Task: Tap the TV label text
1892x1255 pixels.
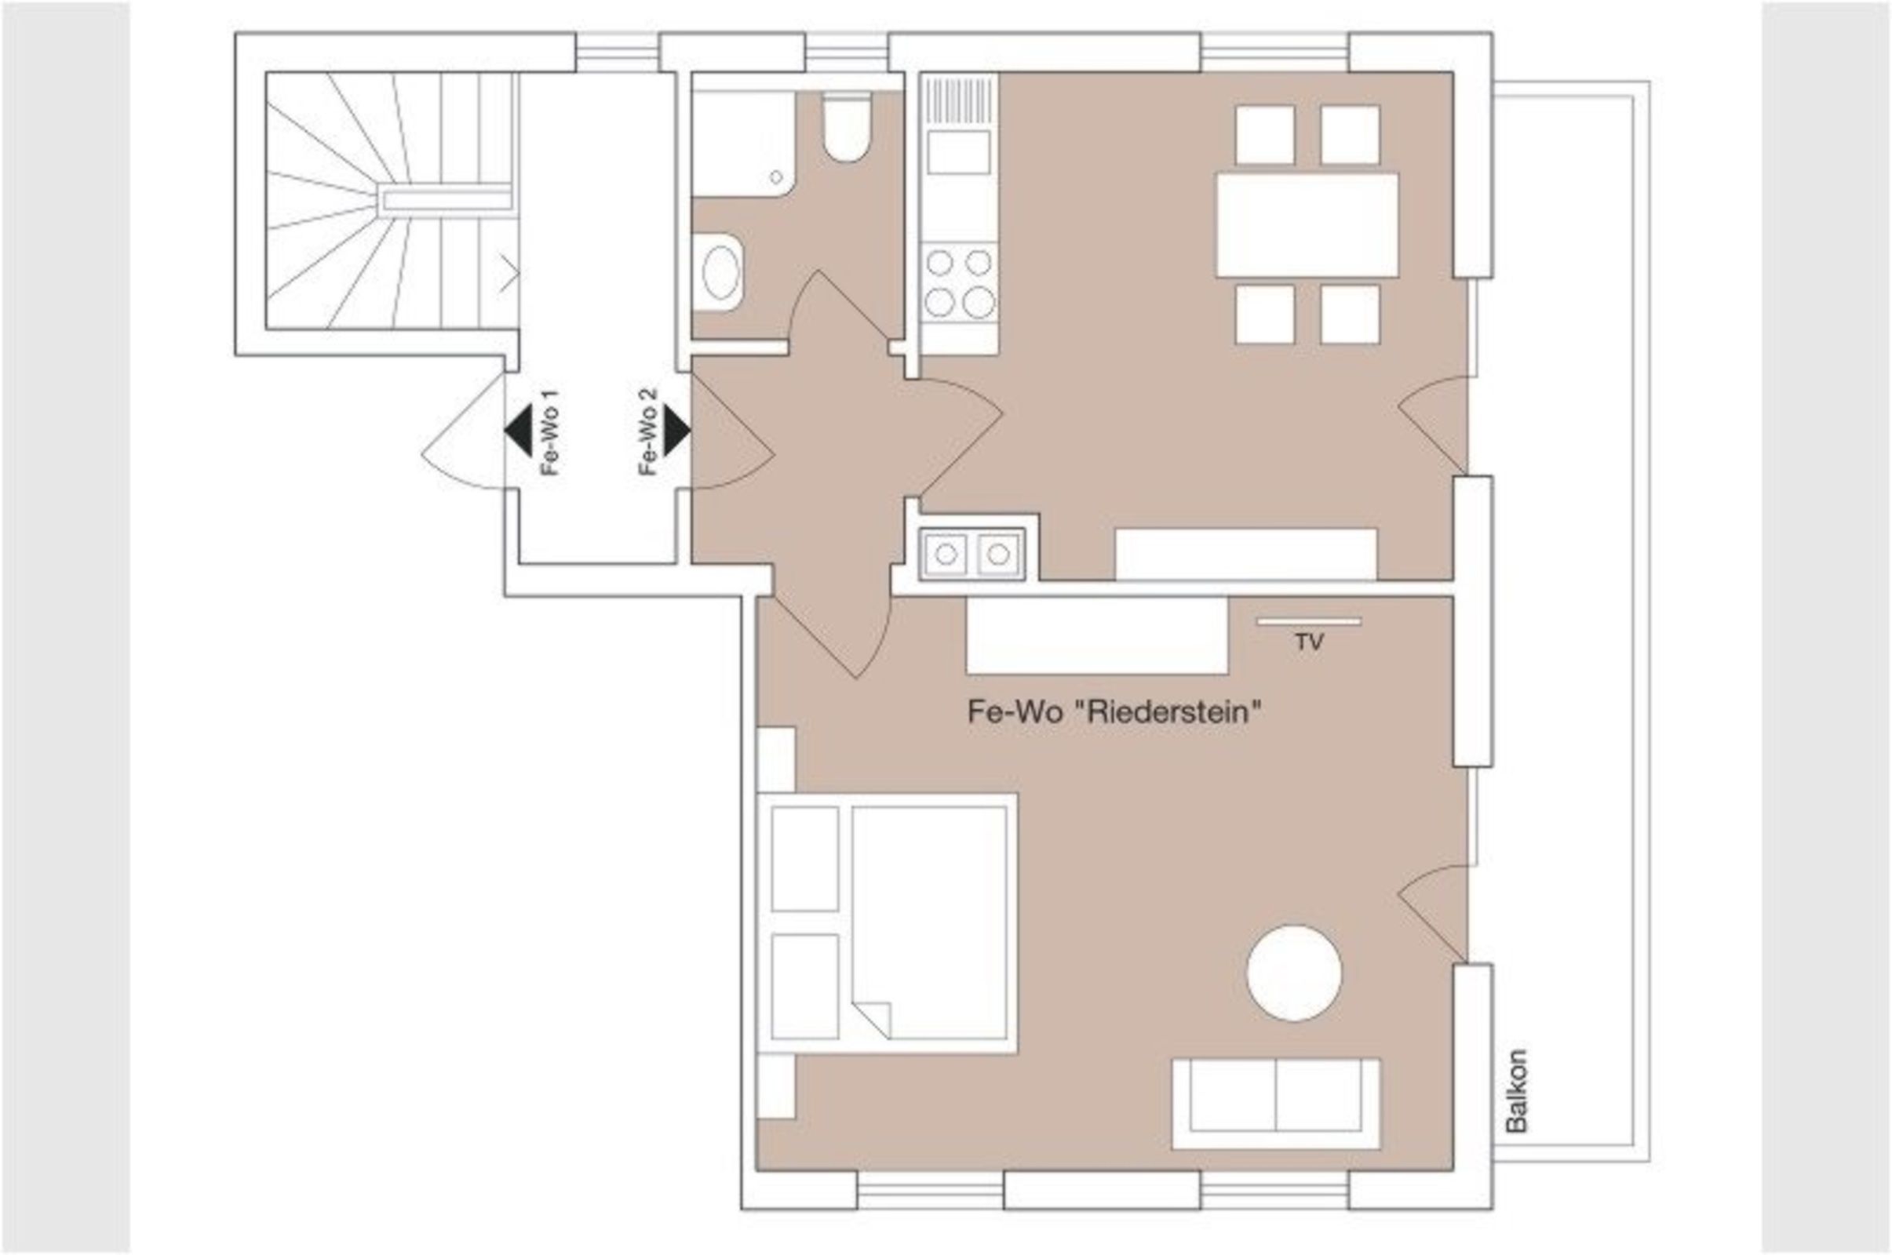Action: coord(1309,642)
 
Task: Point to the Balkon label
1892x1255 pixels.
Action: coord(1516,1091)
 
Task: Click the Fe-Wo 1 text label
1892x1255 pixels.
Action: coord(549,432)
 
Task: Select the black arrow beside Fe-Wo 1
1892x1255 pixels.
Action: coord(518,431)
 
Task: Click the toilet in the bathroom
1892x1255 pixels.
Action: coord(846,126)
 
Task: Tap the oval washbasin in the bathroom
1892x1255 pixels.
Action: coord(720,272)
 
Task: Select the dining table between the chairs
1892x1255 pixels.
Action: coord(1307,225)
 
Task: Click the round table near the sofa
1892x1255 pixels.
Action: coord(1294,973)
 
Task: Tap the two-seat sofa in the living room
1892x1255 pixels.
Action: coord(1276,1104)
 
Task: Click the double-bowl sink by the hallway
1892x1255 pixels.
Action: coord(972,554)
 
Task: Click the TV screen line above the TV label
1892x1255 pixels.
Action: coord(1308,621)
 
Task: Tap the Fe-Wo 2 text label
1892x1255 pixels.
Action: coord(647,432)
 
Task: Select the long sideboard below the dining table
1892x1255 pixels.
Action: coord(1246,554)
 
